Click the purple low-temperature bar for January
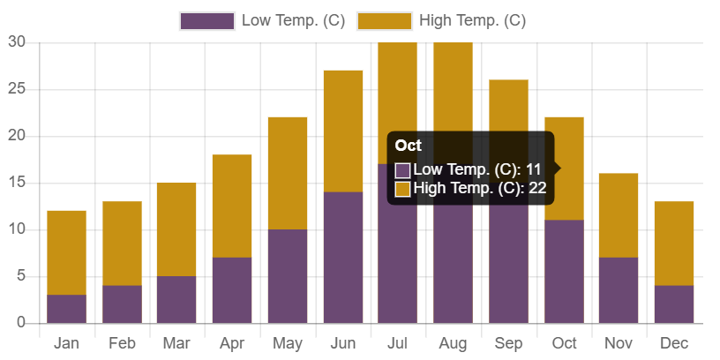tap(66, 308)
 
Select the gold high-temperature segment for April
tap(232, 206)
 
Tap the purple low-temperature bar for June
tap(342, 257)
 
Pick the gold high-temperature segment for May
tap(288, 173)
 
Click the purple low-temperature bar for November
tap(619, 289)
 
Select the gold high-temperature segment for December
tap(674, 243)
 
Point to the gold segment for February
tap(122, 243)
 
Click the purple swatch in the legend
tap(206, 21)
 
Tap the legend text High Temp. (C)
tap(472, 21)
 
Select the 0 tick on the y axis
tap(20, 322)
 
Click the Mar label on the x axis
tap(176, 342)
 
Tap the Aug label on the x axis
tap(454, 342)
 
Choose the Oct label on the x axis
tap(564, 342)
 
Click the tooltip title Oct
tap(409, 146)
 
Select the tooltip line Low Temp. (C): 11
tap(476, 169)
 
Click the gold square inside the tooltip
tap(402, 189)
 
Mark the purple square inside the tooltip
tap(402, 169)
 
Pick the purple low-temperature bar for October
tap(564, 271)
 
